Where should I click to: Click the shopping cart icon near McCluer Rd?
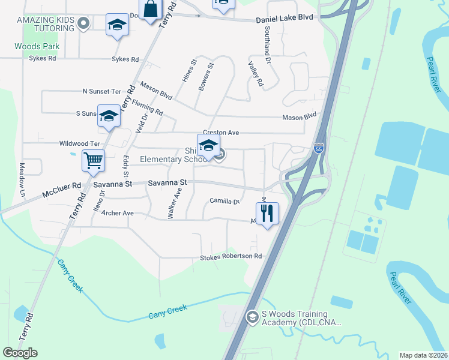[x=93, y=161]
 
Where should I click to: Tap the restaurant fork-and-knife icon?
[x=267, y=212]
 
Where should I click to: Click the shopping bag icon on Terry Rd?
[x=150, y=10]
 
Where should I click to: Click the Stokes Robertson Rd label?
[x=231, y=257]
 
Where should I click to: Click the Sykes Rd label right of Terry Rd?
[x=125, y=59]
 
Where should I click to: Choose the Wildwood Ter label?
[x=79, y=144]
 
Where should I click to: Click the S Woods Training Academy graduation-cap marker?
[x=253, y=316]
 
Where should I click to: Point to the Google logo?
[x=20, y=353]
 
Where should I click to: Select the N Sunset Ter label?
[x=101, y=91]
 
